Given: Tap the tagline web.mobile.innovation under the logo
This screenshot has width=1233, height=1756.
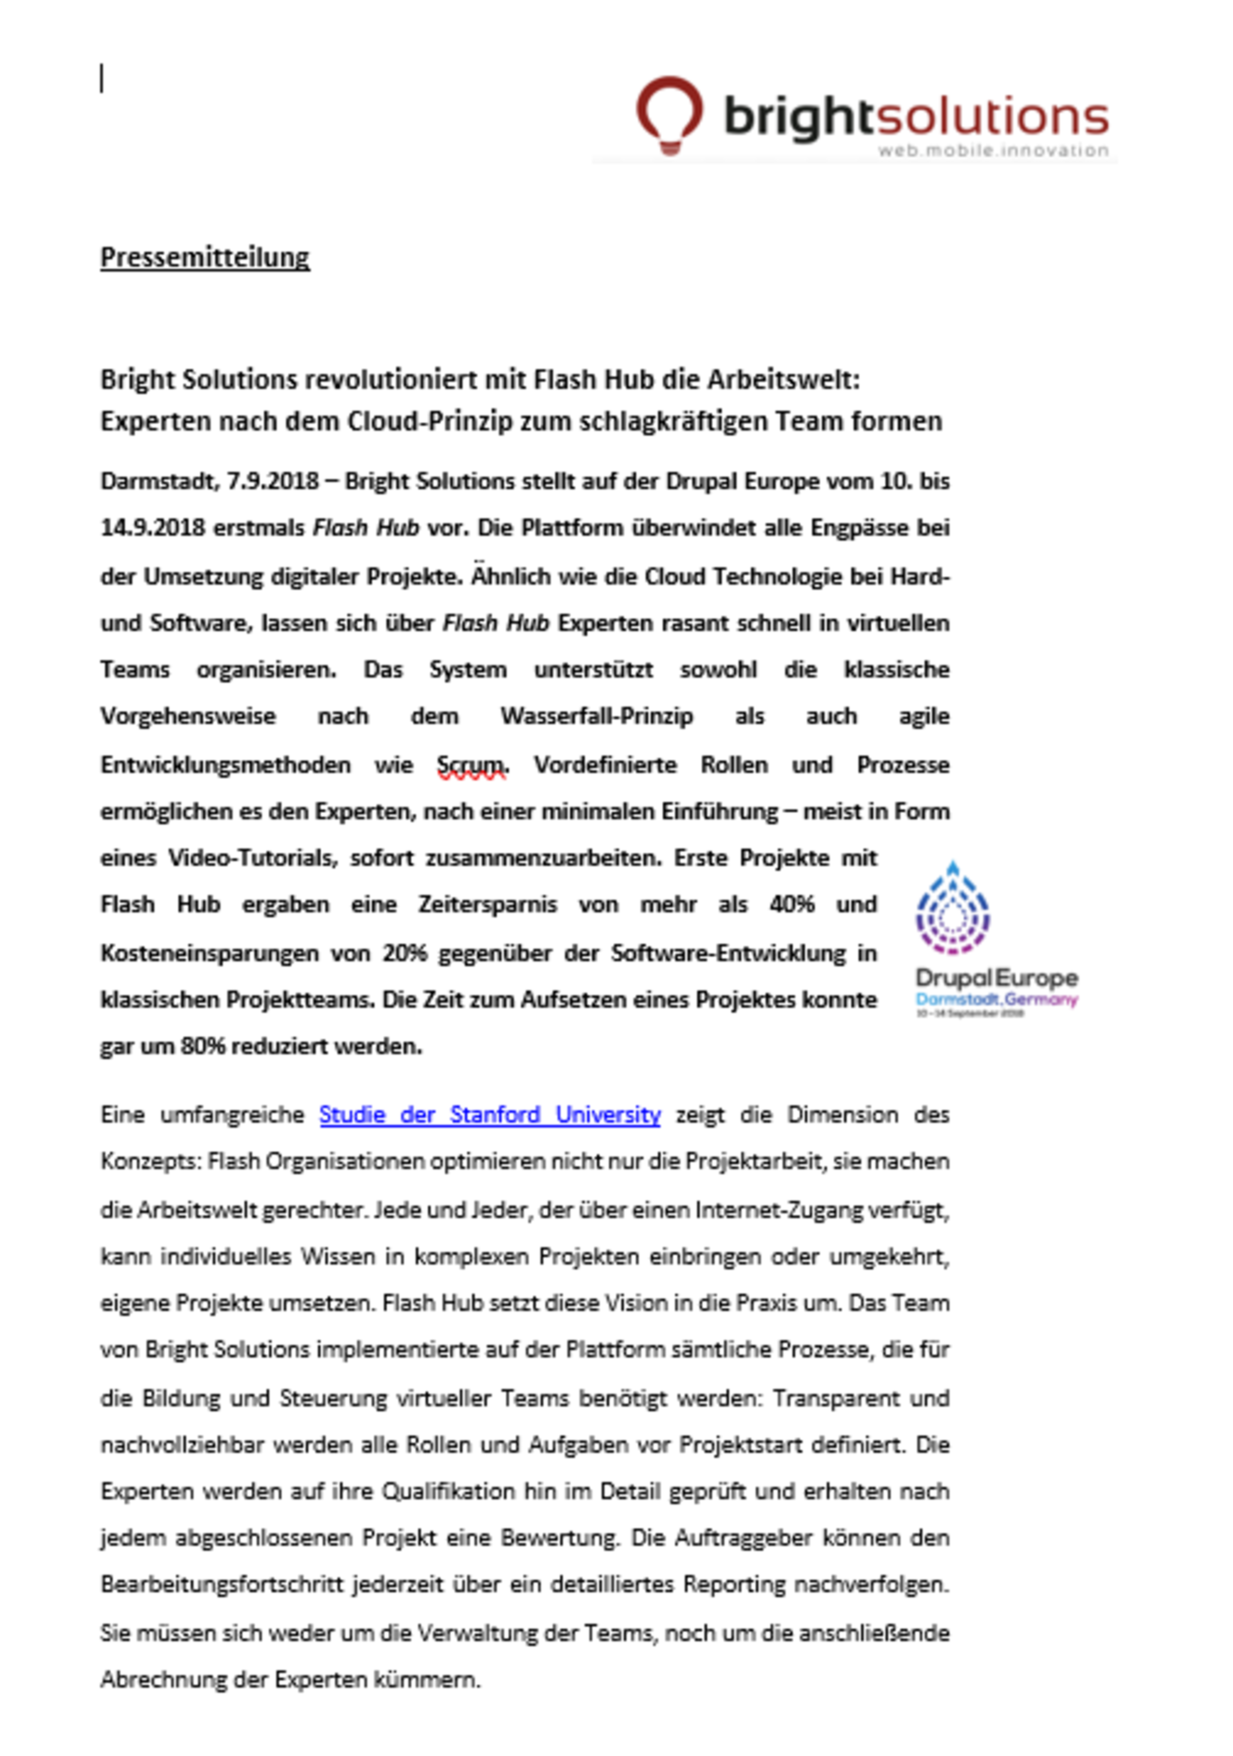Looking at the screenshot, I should pyautogui.click(x=992, y=151).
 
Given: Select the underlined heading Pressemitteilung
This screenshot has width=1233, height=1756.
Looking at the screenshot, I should pyautogui.click(x=205, y=258).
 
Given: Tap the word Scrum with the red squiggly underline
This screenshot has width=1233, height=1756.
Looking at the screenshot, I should pyautogui.click(x=471, y=765).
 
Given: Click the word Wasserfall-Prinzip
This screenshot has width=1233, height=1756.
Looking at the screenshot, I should pyautogui.click(x=597, y=716).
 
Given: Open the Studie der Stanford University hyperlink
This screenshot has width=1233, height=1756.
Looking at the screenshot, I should pyautogui.click(x=489, y=1114).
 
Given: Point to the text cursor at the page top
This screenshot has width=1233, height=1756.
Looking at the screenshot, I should pyautogui.click(x=102, y=79).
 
